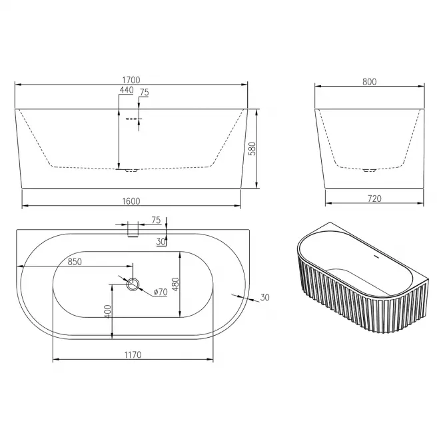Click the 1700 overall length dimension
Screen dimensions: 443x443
131,80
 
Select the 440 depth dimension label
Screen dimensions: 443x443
127,90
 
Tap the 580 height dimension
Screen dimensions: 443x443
252,149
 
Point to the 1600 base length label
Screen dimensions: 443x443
131,201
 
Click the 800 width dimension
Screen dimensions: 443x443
370,82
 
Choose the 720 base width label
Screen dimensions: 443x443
374,199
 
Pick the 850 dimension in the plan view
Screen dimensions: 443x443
75,262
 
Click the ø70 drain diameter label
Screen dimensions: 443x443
161,292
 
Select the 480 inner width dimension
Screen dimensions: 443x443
175,284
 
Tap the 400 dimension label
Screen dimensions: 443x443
108,312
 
